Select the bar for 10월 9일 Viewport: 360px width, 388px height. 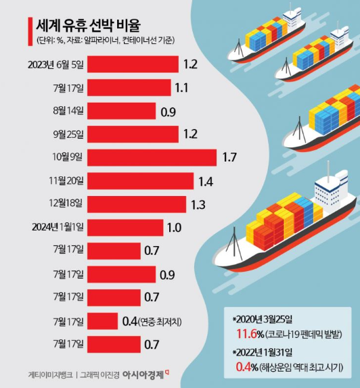pyautogui.click(x=153, y=157)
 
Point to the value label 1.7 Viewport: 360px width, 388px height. pyautogui.click(x=229, y=157)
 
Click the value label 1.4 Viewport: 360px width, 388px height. pyautogui.click(x=204, y=181)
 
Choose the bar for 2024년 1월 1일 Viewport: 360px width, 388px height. pyautogui.click(x=126, y=227)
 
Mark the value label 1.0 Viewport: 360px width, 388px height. pyautogui.click(x=174, y=227)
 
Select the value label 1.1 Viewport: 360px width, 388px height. pyautogui.click(x=181, y=88)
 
